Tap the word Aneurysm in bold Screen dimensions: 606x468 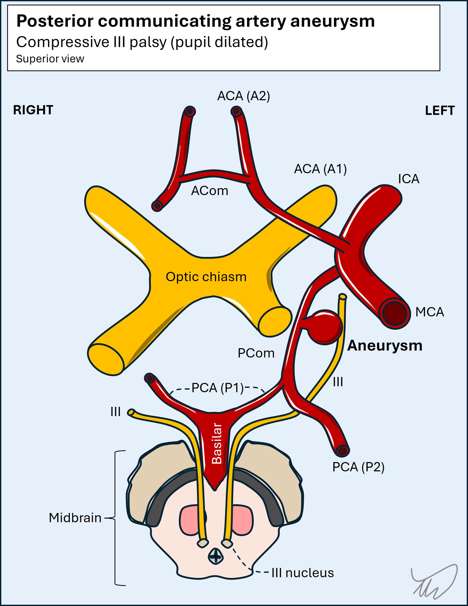385,346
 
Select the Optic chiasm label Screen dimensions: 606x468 206,277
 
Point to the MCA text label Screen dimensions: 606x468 430,312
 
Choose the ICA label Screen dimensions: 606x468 408,179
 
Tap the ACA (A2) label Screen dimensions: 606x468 243,96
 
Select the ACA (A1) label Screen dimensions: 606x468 320,169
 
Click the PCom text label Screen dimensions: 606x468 256,353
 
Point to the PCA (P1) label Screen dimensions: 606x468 217,388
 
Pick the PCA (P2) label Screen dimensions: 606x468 358,467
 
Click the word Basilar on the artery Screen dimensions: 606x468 217,443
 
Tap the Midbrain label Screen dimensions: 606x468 75,518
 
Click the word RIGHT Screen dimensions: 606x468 33,110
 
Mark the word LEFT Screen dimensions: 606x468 440,111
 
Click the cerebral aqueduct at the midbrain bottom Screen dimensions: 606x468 215,556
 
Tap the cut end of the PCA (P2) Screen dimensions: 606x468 343,451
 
